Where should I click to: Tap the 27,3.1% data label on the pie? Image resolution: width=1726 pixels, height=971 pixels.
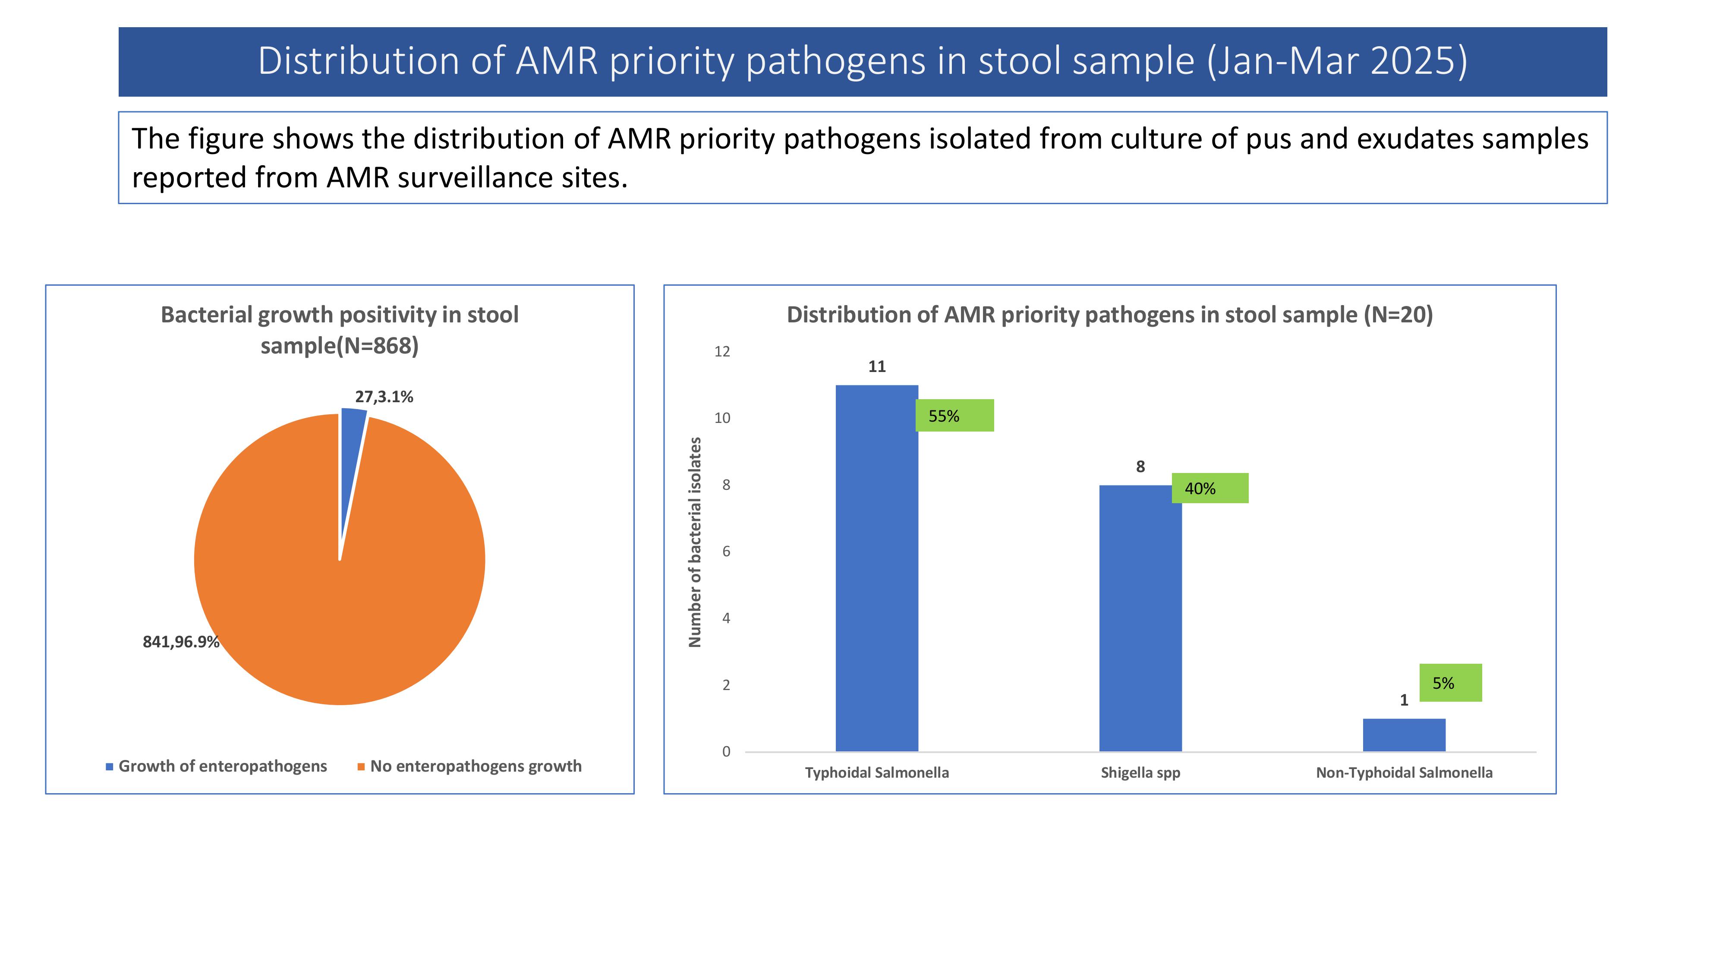(384, 397)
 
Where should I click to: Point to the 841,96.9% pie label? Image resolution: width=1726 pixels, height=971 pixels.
(181, 642)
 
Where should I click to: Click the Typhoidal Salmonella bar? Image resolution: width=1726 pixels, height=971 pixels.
(876, 568)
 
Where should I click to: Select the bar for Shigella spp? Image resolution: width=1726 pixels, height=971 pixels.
(1140, 618)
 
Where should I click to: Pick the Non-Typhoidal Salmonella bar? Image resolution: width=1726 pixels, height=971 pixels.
(1404, 735)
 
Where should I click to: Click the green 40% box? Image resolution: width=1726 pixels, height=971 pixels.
(1210, 488)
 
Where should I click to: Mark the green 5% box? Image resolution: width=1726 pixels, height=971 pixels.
(1451, 683)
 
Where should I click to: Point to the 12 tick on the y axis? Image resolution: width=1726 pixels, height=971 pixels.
(722, 351)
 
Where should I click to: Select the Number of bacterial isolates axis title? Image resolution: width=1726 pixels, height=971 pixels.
(695, 542)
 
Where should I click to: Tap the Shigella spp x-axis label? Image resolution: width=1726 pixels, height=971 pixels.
(1140, 772)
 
